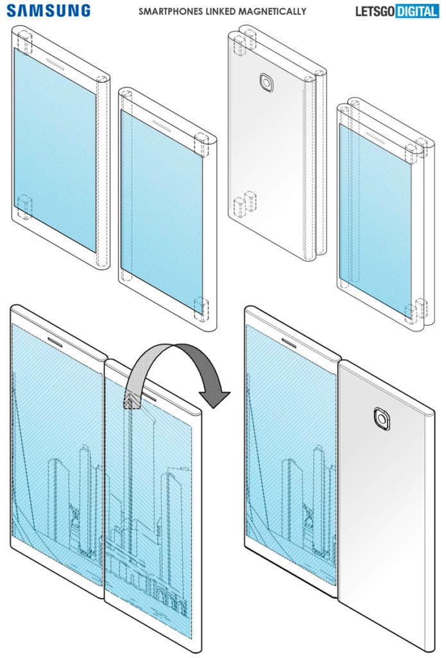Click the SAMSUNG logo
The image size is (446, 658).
pyautogui.click(x=49, y=10)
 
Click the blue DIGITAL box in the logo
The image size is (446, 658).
pyautogui.click(x=416, y=12)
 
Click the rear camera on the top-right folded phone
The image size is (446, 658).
pyautogui.click(x=266, y=83)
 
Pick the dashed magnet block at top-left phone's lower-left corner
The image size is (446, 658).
pyautogui.click(x=24, y=206)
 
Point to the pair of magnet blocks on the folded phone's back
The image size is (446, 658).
pyautogui.click(x=244, y=205)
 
